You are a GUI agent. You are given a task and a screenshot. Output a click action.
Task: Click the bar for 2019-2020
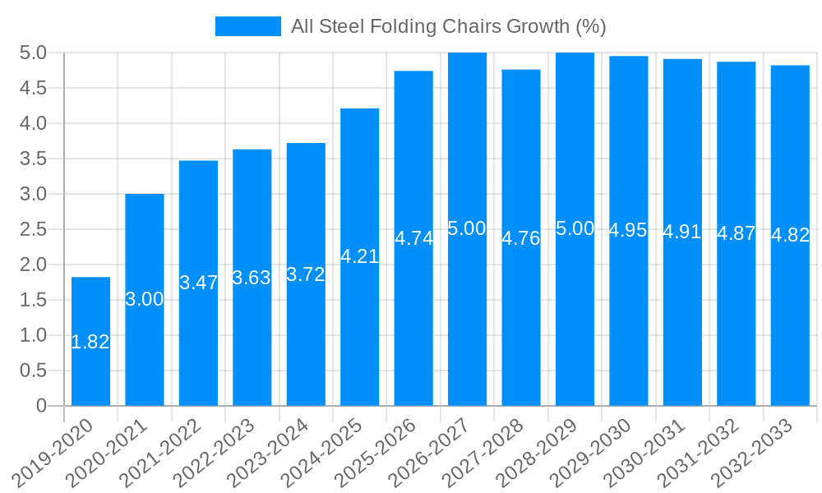pos(90,341)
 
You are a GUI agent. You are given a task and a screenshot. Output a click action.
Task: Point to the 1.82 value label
pos(90,343)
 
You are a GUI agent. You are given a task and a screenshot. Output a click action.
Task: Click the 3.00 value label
pos(145,300)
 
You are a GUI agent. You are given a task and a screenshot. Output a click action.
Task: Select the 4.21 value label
pos(359,256)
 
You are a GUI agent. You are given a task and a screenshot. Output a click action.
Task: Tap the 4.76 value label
pos(521,238)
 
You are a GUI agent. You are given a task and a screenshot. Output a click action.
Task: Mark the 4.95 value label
pos(628,231)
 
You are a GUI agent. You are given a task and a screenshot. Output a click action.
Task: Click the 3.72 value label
pos(306,275)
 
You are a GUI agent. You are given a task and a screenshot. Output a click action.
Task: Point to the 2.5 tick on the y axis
pos(33,229)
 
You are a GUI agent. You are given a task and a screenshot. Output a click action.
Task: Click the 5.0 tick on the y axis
pos(33,53)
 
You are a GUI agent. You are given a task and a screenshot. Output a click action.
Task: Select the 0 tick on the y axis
pos(42,406)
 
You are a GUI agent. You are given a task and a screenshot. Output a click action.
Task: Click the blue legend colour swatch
pos(247,26)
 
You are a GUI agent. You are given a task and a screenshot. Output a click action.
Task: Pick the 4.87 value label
pos(736,233)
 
